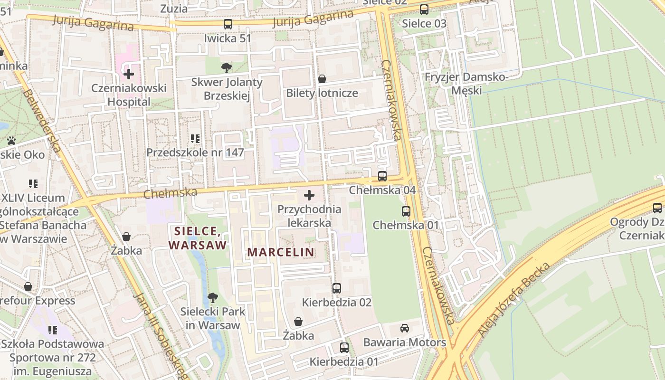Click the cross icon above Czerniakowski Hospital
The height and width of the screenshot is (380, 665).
[x=128, y=74]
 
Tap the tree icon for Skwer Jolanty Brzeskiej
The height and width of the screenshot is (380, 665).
[x=227, y=67]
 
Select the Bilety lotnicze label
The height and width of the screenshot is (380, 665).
[x=322, y=93]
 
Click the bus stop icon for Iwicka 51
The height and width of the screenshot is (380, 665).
[x=228, y=24]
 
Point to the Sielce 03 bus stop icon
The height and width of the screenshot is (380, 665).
[x=424, y=9]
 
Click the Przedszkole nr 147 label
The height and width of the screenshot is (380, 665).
[x=195, y=152]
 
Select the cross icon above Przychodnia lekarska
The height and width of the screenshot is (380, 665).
[x=309, y=195]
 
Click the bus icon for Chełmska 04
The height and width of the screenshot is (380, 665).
[x=382, y=176]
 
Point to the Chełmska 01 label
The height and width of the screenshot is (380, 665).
[x=405, y=225]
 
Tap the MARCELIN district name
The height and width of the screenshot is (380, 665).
[x=281, y=252]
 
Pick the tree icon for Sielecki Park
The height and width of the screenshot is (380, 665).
[x=213, y=298]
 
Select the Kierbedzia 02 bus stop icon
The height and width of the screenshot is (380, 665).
[x=337, y=288]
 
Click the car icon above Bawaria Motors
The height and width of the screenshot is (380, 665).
[x=404, y=328]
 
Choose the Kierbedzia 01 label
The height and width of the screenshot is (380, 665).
[x=344, y=361]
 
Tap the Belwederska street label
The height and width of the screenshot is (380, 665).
[x=42, y=121]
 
